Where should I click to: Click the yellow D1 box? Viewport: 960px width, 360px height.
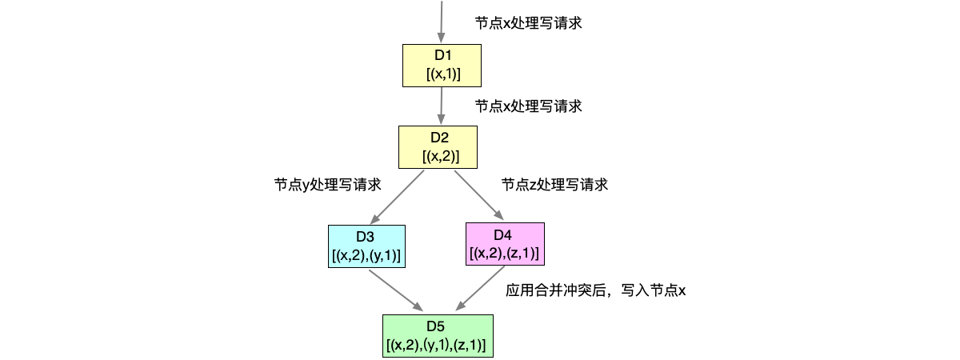click(x=442, y=65)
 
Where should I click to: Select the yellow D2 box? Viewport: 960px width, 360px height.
click(x=438, y=146)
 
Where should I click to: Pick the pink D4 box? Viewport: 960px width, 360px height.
click(x=503, y=243)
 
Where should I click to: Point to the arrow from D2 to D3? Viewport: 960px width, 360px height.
click(x=396, y=197)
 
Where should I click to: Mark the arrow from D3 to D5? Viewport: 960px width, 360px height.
click(x=394, y=289)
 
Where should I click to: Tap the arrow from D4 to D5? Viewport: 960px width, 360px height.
click(x=484, y=287)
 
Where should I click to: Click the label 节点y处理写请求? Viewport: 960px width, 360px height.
click(x=327, y=185)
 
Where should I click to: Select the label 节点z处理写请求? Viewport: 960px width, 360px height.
click(x=554, y=185)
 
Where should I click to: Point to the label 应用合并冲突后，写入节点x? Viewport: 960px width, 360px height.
click(x=596, y=290)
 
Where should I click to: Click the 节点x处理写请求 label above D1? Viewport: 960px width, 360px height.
click(x=528, y=24)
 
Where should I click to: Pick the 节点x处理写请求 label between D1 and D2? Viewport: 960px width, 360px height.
click(x=528, y=106)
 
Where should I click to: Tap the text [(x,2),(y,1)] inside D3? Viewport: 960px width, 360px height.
click(x=366, y=255)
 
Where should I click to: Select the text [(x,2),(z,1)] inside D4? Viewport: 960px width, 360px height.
click(x=503, y=254)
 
